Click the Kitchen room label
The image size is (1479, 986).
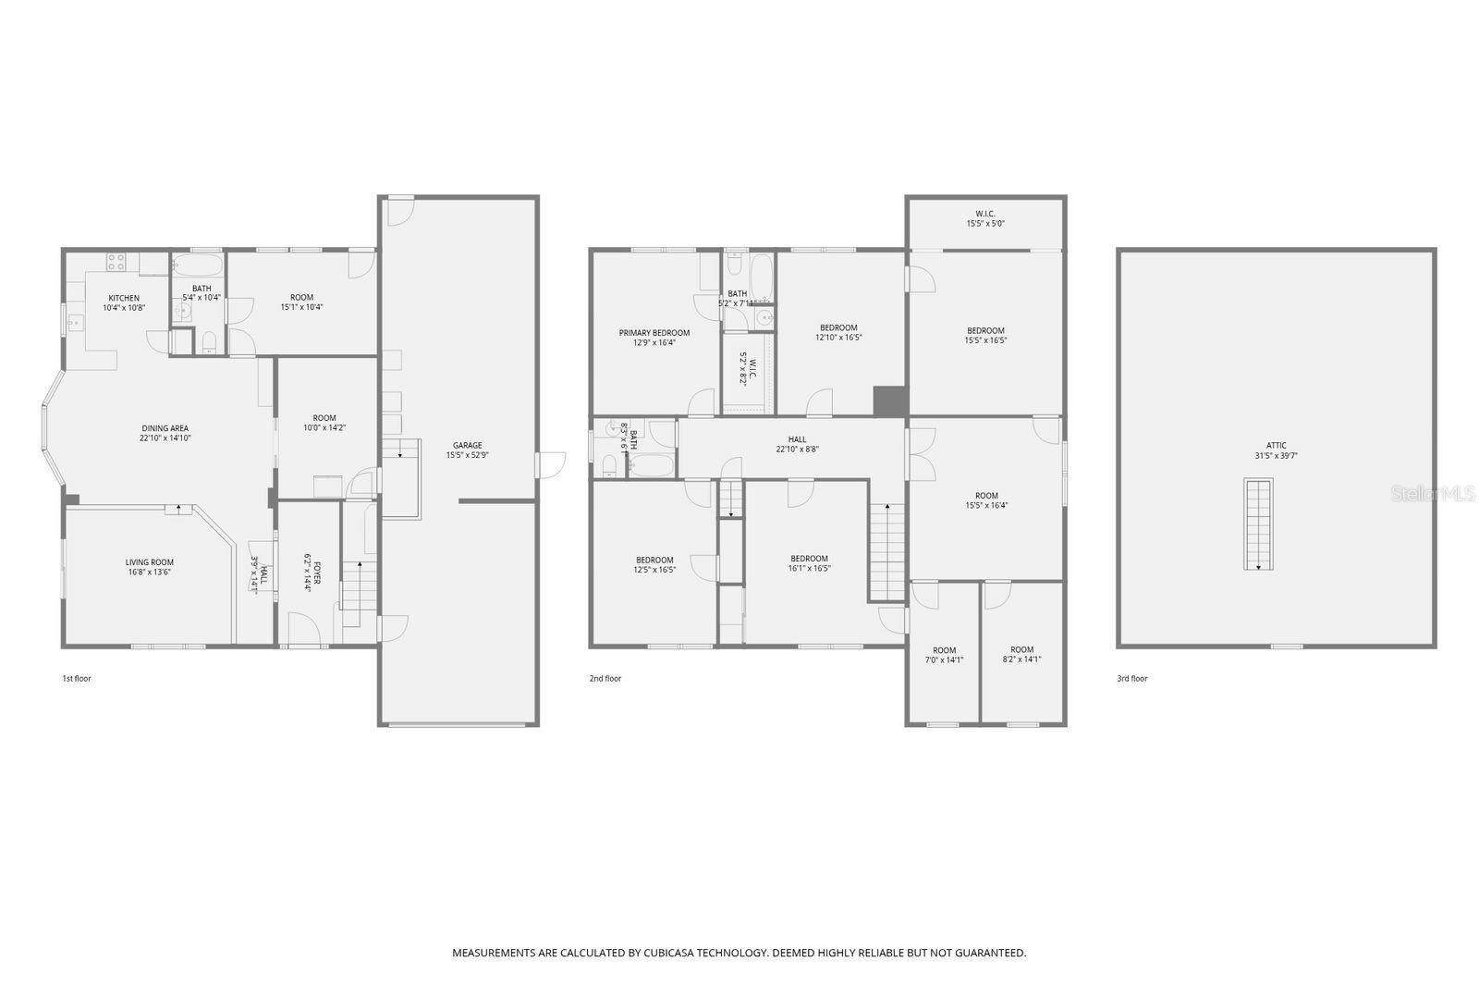click(124, 299)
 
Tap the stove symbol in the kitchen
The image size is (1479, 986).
click(116, 262)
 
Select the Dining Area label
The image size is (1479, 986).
click(165, 428)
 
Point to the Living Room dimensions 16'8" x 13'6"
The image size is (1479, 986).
click(150, 573)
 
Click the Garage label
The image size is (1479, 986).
click(467, 446)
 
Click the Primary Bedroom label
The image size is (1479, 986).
click(654, 333)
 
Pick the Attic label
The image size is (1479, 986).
click(1277, 446)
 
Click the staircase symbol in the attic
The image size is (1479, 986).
click(1258, 524)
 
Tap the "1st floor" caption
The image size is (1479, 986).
click(77, 679)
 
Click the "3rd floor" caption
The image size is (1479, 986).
click(1132, 679)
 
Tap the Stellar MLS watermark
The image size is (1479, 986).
click(1432, 494)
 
